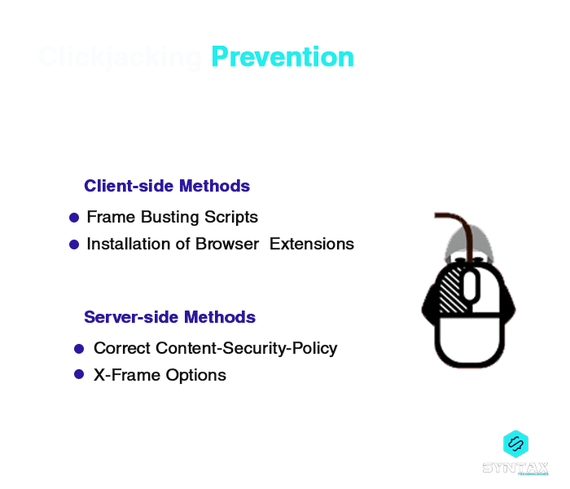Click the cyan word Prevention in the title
coord(283,57)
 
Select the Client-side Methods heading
coord(167,186)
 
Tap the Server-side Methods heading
coord(169,317)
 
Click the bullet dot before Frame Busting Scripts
coord(74,218)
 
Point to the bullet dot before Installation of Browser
coord(74,244)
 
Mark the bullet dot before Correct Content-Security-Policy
coord(79,348)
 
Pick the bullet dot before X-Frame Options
coord(79,374)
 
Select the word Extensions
coord(312,244)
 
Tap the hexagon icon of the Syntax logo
coord(515,443)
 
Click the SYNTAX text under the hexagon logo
coord(515,468)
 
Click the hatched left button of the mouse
coord(449,289)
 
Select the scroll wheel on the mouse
coord(469,284)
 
